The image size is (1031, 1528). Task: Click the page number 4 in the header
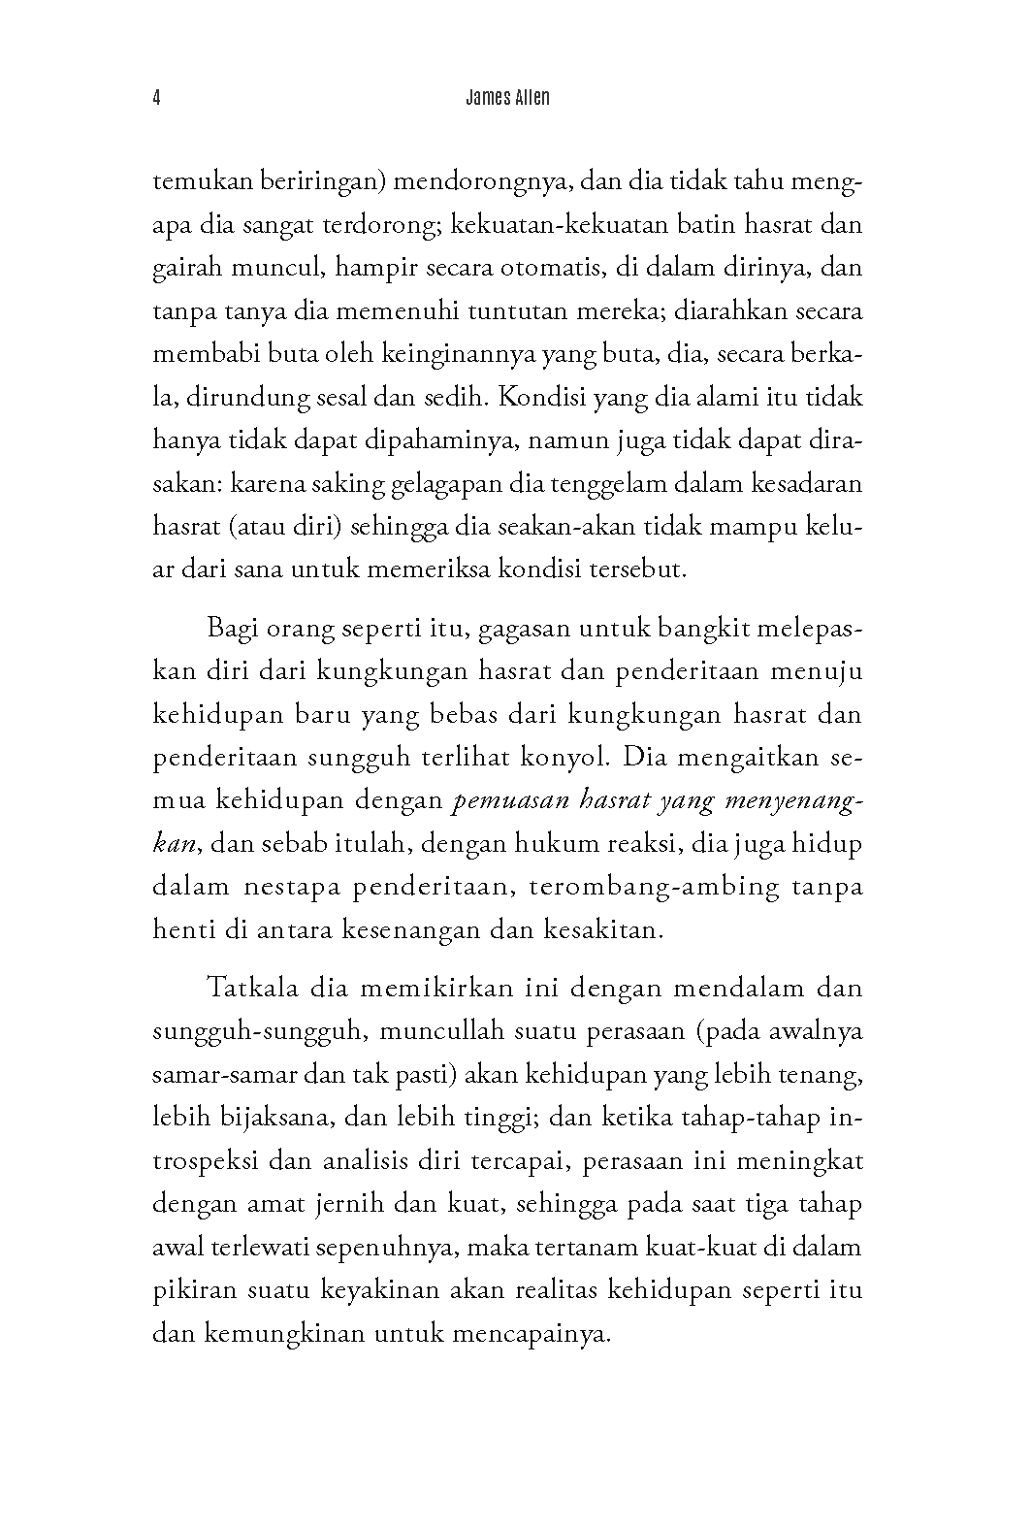[156, 98]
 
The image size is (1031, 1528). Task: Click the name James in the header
[478, 98]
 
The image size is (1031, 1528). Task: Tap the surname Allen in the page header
[530, 98]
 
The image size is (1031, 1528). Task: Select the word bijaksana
[281, 1118]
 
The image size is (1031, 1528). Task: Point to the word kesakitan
[600, 929]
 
